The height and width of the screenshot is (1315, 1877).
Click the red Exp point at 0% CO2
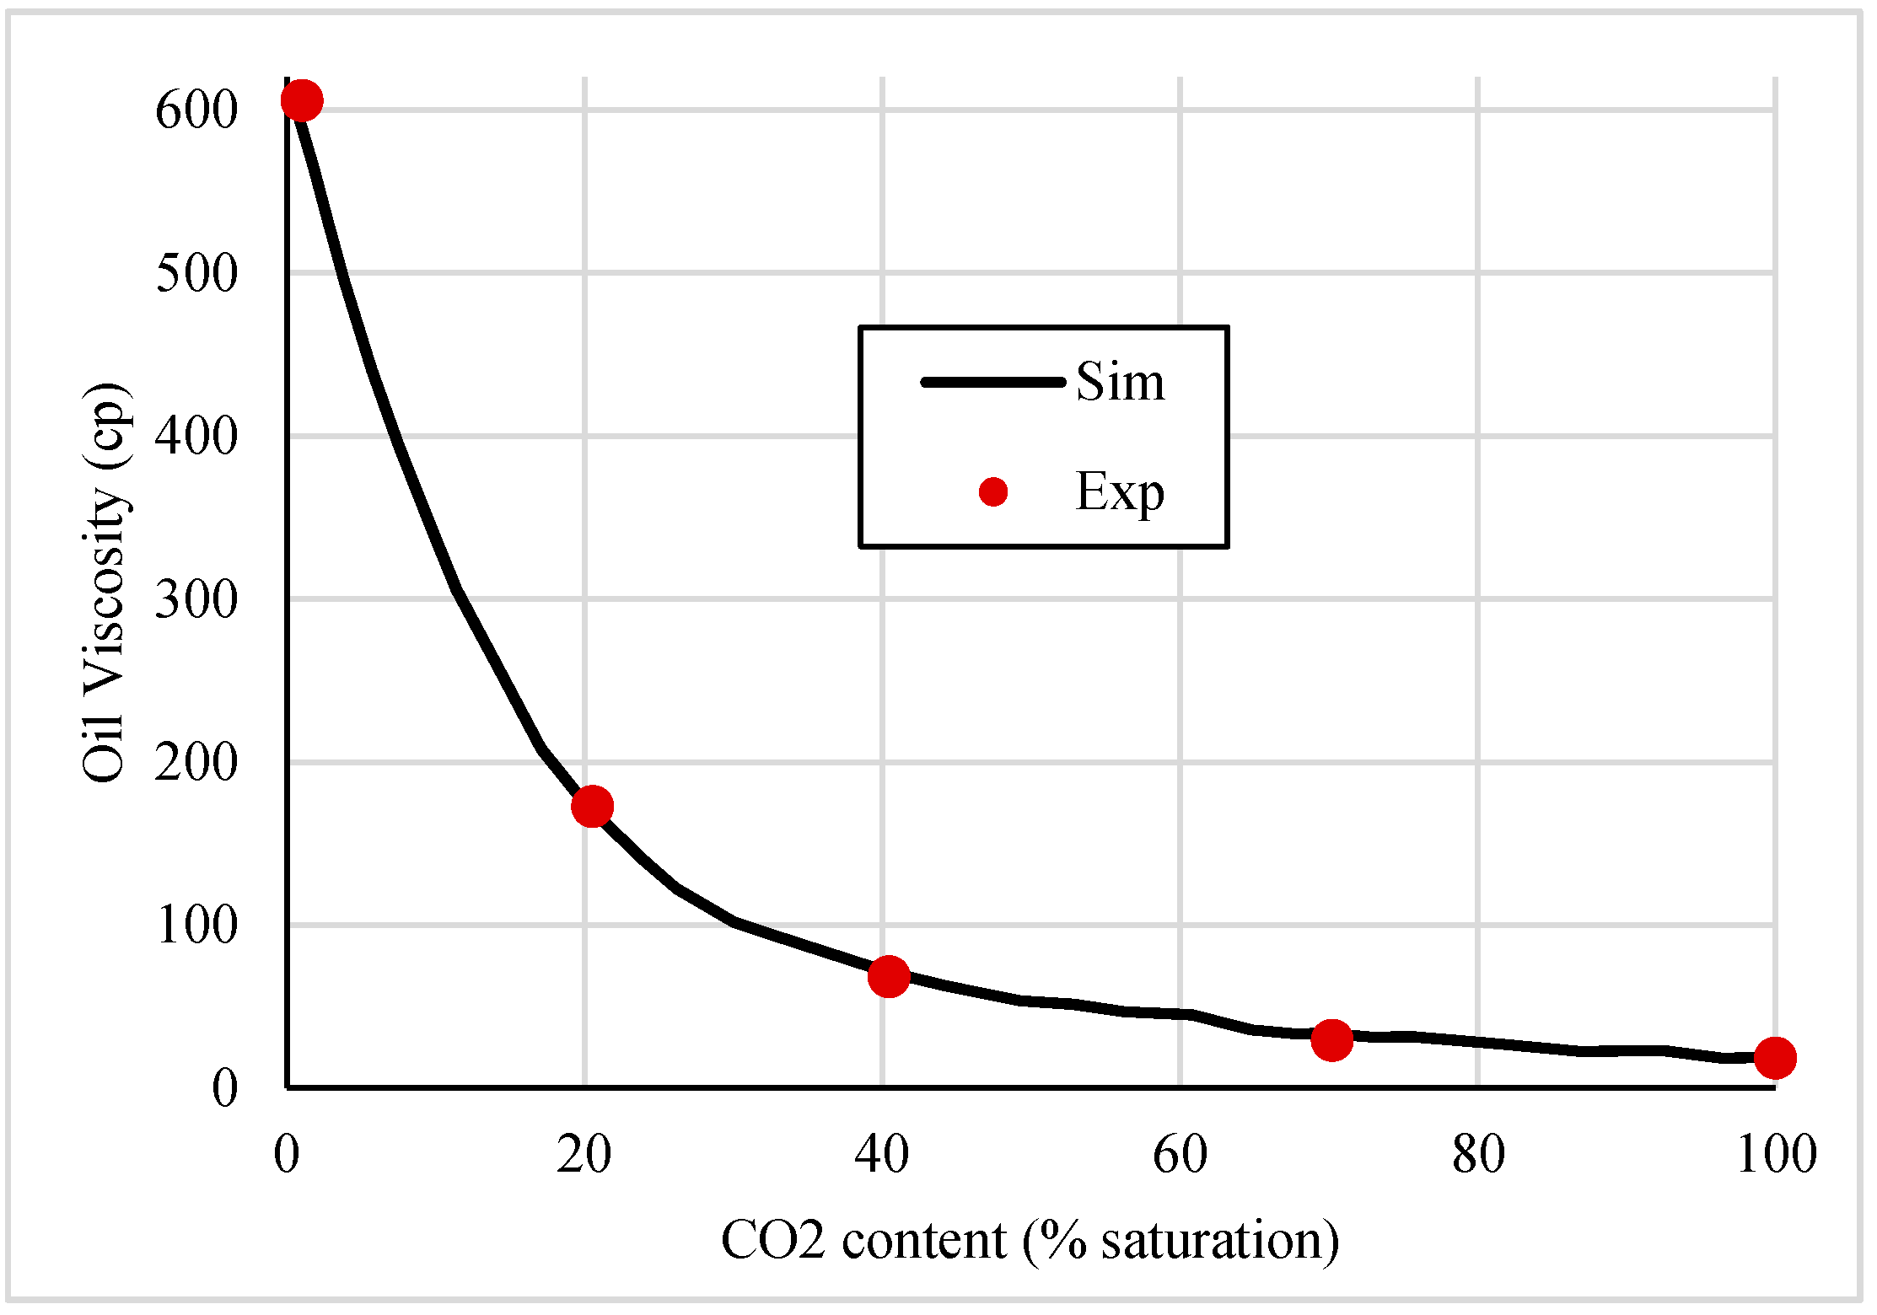(301, 100)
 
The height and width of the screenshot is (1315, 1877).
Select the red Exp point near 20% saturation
(592, 807)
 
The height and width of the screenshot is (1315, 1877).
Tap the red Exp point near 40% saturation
(888, 976)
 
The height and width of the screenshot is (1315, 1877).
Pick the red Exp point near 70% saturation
(1331, 1039)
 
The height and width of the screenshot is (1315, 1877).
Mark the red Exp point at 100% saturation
(1774, 1057)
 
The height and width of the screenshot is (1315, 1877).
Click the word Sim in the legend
(1120, 382)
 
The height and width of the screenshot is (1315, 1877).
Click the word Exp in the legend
(1120, 492)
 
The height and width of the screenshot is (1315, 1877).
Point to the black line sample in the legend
(992, 382)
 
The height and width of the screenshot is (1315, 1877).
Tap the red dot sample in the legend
(993, 492)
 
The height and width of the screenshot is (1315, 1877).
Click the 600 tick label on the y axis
(196, 110)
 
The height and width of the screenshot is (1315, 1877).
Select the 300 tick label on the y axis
(196, 600)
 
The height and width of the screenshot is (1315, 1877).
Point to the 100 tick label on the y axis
(196, 926)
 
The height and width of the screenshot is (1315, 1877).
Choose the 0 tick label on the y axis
(224, 1088)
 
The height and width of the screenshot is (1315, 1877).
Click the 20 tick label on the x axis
(584, 1155)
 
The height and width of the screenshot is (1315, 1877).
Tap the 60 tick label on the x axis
(1180, 1155)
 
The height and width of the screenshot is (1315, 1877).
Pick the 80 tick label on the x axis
(1477, 1155)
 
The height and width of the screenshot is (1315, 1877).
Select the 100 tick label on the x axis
(1776, 1155)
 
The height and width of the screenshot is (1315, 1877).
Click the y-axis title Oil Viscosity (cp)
(105, 582)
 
